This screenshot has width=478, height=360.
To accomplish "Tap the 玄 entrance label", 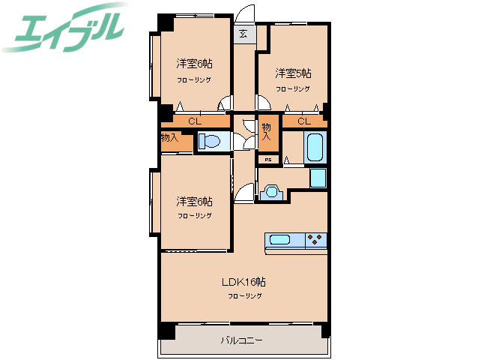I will coord(244,33).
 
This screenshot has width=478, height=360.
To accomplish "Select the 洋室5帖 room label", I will coord(293,73).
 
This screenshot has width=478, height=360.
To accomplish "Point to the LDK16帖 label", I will coord(244,283).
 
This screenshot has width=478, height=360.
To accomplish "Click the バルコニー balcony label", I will coord(241,340).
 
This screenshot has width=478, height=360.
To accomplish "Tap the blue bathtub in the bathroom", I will coord(315,147).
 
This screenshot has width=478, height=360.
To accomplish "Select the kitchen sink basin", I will coord(279,240).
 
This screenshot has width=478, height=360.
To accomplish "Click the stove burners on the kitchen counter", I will coord(316,240).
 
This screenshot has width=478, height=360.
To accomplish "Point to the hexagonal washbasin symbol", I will coord(272,191).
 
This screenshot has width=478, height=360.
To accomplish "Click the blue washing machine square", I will coord(318,178).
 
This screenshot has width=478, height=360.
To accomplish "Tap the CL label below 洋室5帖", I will coord(304,121).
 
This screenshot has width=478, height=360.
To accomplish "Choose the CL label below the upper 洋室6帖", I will coord(194,121).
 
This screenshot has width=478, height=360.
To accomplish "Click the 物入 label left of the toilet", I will coord(169,138).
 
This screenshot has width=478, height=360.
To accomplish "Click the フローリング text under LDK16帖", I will coord(245,296).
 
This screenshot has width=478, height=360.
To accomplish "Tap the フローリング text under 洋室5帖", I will coord(293,88).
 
